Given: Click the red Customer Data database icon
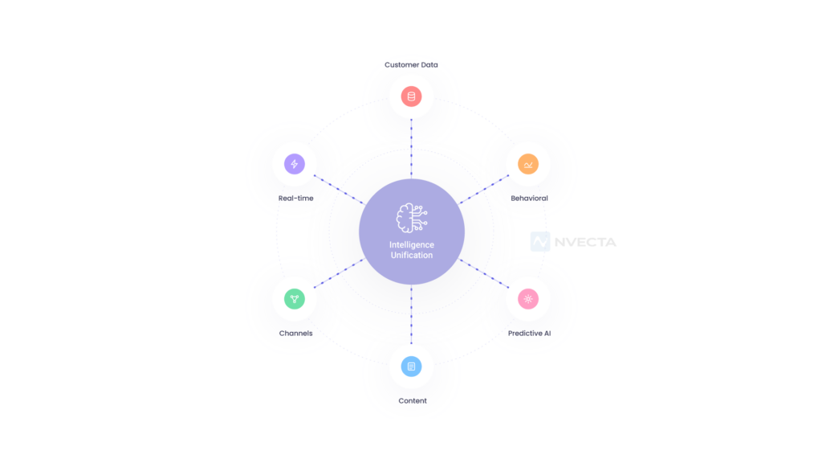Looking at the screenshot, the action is click(x=412, y=96).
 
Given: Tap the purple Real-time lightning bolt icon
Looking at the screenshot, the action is click(x=295, y=164).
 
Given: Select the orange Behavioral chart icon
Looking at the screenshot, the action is click(x=528, y=164).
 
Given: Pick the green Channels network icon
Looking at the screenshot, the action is click(x=295, y=299).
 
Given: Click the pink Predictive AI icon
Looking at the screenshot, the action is click(x=528, y=299).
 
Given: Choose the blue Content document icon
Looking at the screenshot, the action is click(x=412, y=367).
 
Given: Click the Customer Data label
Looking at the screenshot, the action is click(x=411, y=65).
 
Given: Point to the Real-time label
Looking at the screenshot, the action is click(x=295, y=199).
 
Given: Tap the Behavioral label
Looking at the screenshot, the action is click(x=529, y=199).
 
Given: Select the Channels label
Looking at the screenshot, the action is click(x=295, y=334).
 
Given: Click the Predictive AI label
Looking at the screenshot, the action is click(x=529, y=334).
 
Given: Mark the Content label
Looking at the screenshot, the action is click(x=413, y=401).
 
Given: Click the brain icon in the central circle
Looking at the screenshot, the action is click(x=412, y=218).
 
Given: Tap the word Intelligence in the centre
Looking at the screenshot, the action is click(x=412, y=244).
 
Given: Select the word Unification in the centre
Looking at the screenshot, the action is click(x=412, y=255).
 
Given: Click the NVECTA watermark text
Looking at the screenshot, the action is click(x=585, y=242).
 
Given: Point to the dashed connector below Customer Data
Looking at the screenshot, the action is click(x=412, y=149).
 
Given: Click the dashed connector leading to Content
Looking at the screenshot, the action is click(x=412, y=314).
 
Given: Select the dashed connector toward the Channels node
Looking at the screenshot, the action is click(x=339, y=273).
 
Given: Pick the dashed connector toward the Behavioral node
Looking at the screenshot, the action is click(x=484, y=189).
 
